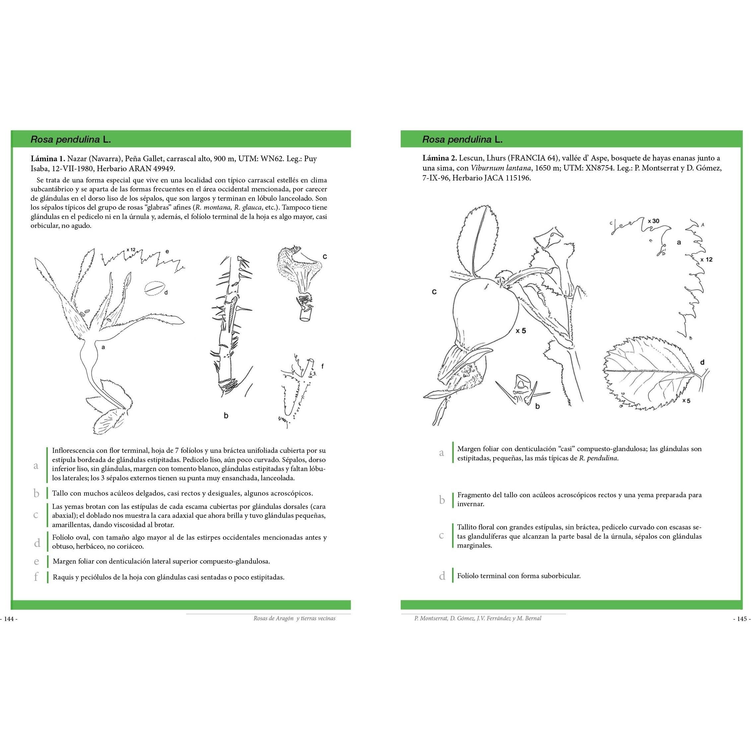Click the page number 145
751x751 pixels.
tap(742, 619)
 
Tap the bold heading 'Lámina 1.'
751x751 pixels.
tap(48, 159)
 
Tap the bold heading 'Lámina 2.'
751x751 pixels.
tap(440, 158)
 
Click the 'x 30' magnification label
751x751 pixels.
tap(653, 221)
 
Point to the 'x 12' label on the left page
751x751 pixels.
tap(131, 249)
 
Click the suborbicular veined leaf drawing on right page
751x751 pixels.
tap(653, 373)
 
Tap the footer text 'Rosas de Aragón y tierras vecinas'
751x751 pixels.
tap(294, 618)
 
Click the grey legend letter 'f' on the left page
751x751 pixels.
tap(36, 577)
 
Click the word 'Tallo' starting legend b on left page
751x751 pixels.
tap(60, 493)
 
